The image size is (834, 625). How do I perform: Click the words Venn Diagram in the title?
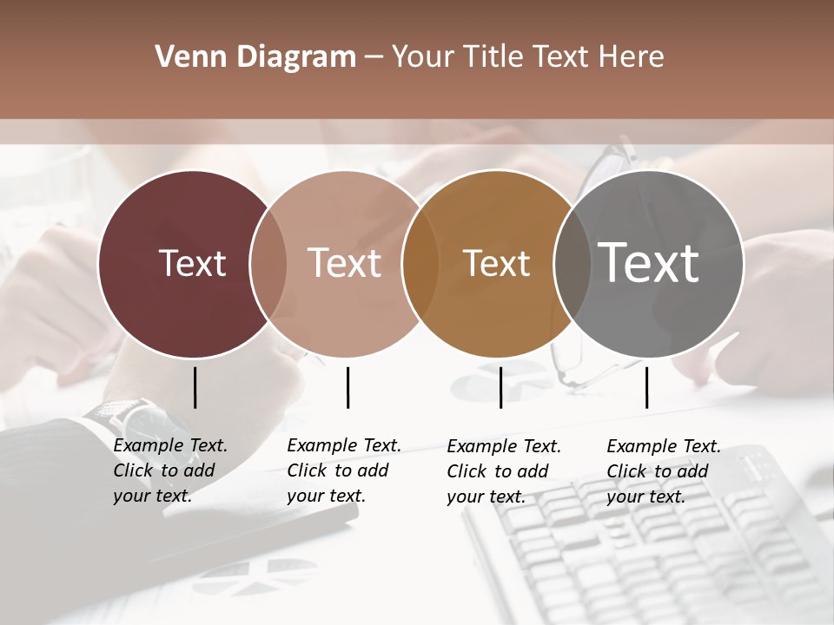pos(255,57)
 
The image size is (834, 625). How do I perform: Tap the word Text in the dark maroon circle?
pos(192,263)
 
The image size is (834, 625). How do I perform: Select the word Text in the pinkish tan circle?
pos(345,263)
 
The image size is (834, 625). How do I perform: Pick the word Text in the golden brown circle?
pos(496,263)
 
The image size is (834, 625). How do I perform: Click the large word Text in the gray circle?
pos(649,263)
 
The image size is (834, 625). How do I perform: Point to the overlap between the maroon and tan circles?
pos(268,263)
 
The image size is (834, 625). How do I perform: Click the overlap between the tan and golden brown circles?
pos(420,263)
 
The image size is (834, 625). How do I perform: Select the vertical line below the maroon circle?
pos(195,387)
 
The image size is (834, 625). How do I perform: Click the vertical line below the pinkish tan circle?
pos(347,387)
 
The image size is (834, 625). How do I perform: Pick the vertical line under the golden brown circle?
pos(500,387)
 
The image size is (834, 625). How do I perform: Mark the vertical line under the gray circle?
pos(646,387)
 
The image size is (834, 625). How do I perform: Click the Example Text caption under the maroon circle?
pos(169,470)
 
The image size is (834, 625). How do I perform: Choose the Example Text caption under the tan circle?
pos(343,470)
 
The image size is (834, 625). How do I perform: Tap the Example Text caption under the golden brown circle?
pos(503,471)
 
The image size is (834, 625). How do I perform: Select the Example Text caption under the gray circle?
pos(663,471)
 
